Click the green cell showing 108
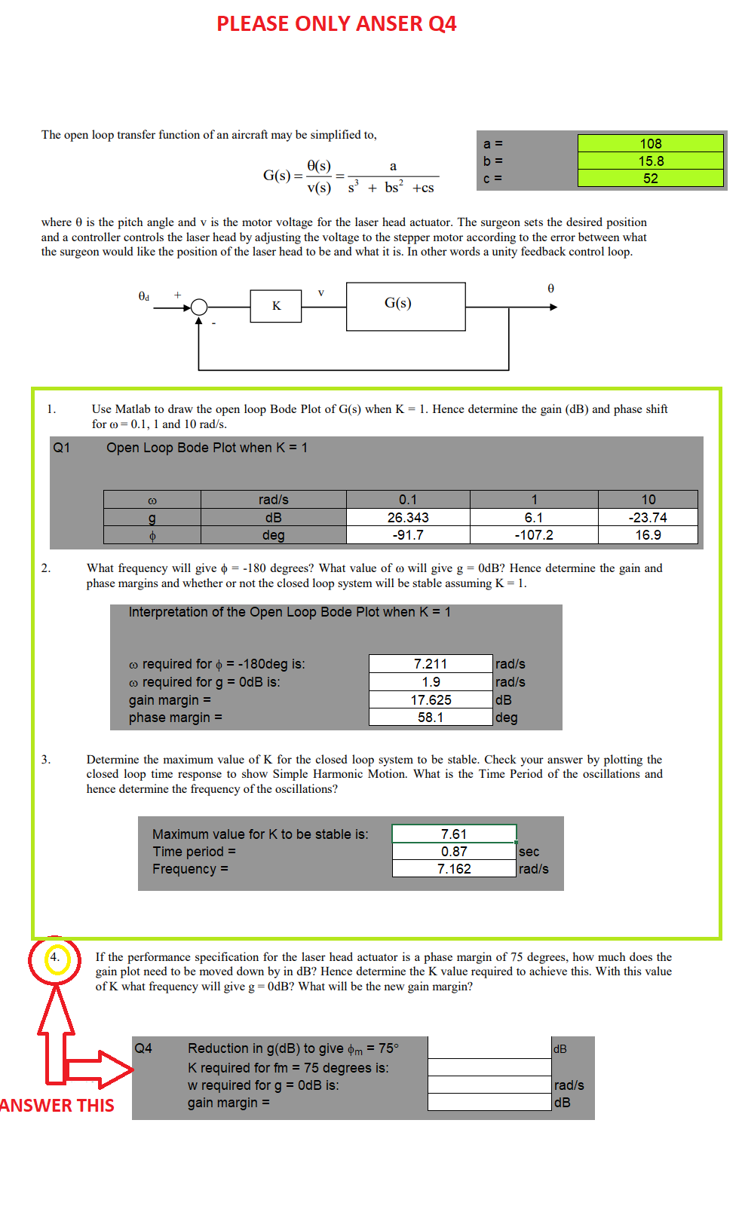tap(650, 143)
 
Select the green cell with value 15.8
tap(650, 161)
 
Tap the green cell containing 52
tap(650, 178)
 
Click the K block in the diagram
tap(276, 305)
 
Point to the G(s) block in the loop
tap(406, 306)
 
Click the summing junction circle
tap(199, 307)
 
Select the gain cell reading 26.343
tap(408, 518)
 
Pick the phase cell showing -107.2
tap(534, 535)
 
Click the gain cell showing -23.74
tap(648, 518)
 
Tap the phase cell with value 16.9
tap(648, 535)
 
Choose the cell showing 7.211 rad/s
tap(431, 664)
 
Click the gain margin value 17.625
tap(431, 700)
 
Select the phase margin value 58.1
tap(431, 718)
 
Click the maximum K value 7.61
tap(454, 834)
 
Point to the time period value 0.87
tap(454, 852)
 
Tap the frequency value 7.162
tap(454, 869)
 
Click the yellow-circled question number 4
tap(54, 958)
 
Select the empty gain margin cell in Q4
tap(490, 1103)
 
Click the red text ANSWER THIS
tap(57, 1106)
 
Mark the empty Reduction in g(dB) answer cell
tap(490, 1048)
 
